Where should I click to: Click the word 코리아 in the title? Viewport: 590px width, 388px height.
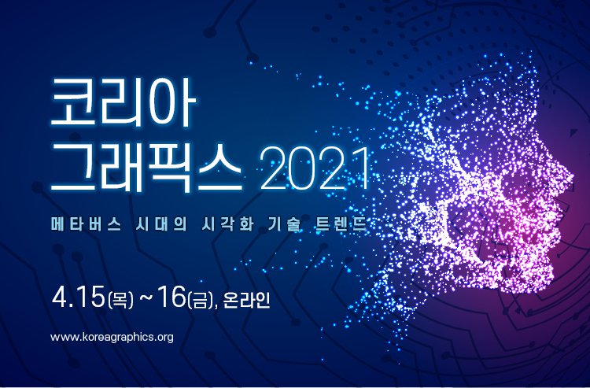[123, 102]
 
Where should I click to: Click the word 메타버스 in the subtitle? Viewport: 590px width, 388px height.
[87, 224]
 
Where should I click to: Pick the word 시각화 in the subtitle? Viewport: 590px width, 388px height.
[227, 224]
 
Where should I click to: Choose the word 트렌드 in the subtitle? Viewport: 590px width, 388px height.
[341, 224]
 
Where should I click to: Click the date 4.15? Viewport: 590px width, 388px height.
[78, 297]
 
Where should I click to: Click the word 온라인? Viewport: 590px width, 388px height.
[246, 300]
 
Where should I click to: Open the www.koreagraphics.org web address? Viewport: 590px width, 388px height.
[112, 337]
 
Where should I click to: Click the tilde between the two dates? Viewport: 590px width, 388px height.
[146, 298]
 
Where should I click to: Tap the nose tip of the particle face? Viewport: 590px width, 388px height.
[570, 178]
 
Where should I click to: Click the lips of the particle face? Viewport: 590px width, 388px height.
[556, 229]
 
